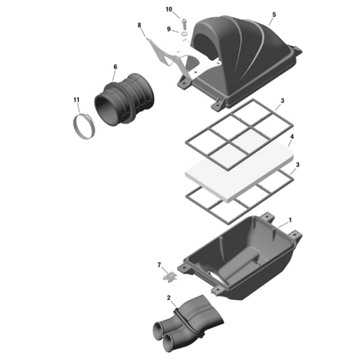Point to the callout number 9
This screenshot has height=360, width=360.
point(169,29)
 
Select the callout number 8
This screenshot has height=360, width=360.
point(139,27)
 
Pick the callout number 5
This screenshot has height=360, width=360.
point(273,15)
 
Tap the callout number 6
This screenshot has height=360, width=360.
point(116,67)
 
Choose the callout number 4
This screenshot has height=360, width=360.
point(293,137)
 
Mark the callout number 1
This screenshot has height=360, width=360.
point(290,220)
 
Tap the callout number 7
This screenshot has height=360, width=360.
point(159,267)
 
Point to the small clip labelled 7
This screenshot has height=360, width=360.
point(170,278)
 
